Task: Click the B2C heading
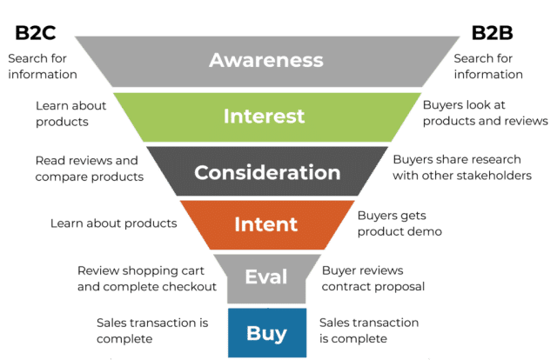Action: pos(36,34)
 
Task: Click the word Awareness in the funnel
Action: pos(266,61)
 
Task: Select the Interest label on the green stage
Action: pos(264,116)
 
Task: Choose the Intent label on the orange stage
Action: pos(265,224)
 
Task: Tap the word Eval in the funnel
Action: pos(266,277)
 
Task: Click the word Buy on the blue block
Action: pos(265,331)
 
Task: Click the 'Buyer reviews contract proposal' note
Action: pos(372,277)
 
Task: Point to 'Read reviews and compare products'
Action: pos(88,169)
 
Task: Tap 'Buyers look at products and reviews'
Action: pos(485,113)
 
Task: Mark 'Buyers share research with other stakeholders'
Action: pos(461,168)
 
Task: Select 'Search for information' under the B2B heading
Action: pos(488,66)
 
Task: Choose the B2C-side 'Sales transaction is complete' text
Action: pos(151,330)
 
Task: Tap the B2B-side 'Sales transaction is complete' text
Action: pos(369,330)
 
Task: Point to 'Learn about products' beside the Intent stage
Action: pos(114,223)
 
